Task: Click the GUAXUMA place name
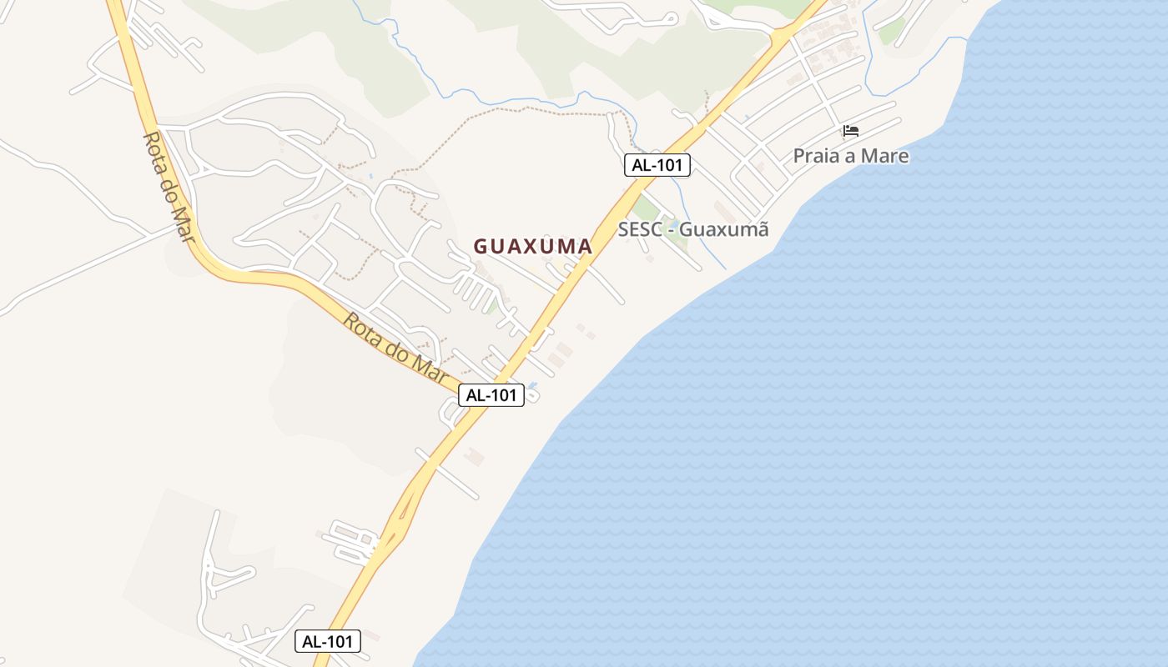pyautogui.click(x=533, y=246)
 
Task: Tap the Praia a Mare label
pyautogui.click(x=850, y=156)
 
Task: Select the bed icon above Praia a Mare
pyautogui.click(x=851, y=131)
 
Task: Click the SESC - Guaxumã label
pyautogui.click(x=692, y=229)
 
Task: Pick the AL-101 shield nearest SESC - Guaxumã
pyautogui.click(x=657, y=165)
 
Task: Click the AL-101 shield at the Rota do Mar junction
pyautogui.click(x=491, y=395)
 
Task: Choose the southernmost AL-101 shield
pyautogui.click(x=328, y=641)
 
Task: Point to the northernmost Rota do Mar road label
pyautogui.click(x=168, y=187)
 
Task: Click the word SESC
pyautogui.click(x=638, y=229)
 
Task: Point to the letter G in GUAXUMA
pyautogui.click(x=481, y=246)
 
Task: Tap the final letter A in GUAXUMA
pyautogui.click(x=586, y=246)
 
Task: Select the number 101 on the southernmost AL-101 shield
pyautogui.click(x=339, y=641)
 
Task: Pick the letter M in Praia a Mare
pyautogui.click(x=869, y=156)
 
